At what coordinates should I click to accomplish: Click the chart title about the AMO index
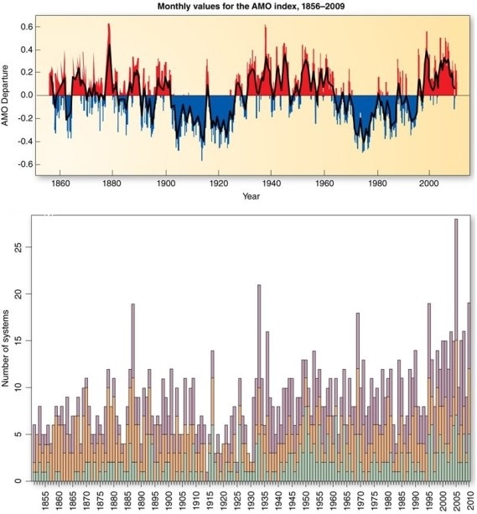point(251,6)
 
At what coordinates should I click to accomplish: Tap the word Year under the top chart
point(251,197)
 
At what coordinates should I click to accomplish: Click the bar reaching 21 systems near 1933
point(259,377)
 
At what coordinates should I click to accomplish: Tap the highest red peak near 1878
point(108,27)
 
